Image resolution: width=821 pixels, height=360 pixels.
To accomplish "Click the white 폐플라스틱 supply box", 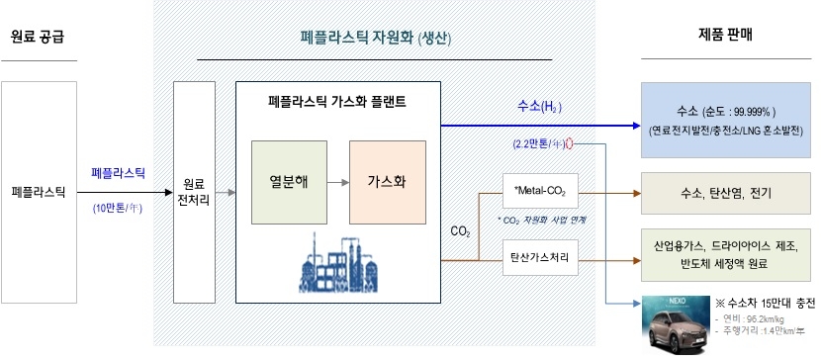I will click(x=39, y=190).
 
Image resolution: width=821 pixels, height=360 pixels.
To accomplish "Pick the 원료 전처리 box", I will click(x=194, y=191).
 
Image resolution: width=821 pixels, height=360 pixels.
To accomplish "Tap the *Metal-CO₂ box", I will click(x=539, y=189).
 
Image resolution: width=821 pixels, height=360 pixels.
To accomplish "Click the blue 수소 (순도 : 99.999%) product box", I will click(x=726, y=120).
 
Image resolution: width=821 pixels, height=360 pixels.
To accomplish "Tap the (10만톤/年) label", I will click(x=118, y=208).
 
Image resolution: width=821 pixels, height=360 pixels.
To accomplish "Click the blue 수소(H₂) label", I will click(x=539, y=106).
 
